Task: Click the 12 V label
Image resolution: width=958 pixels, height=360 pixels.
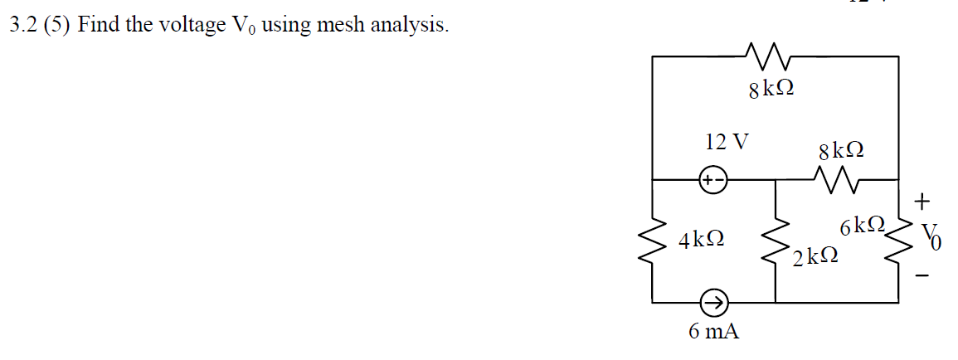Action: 146,142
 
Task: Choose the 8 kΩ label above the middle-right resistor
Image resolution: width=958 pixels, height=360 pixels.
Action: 841,151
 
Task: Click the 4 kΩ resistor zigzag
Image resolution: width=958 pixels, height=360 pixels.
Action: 654,241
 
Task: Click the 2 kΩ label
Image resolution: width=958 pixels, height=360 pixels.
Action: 814,257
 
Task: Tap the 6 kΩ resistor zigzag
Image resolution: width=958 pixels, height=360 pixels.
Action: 898,241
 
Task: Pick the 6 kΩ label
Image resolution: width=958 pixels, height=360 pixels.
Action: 863,226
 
